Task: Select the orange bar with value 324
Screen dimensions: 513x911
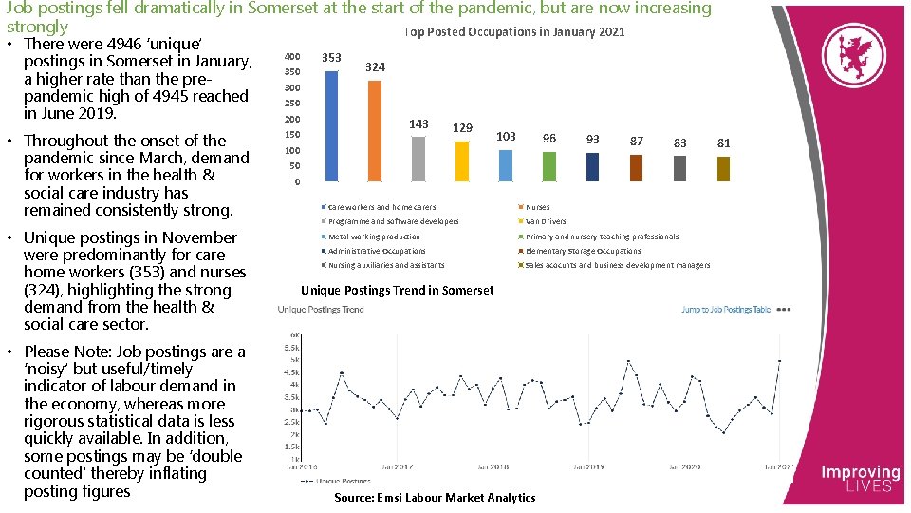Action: (x=375, y=130)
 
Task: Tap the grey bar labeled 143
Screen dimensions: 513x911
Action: (x=418, y=158)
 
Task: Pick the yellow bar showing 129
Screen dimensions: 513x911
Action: (x=462, y=161)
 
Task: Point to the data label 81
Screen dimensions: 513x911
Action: (x=724, y=142)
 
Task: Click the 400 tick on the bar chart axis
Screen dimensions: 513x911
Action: (x=293, y=57)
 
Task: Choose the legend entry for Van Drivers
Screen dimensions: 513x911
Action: (x=546, y=221)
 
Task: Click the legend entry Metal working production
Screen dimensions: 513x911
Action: (x=374, y=237)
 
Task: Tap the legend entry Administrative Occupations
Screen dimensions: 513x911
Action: (x=377, y=251)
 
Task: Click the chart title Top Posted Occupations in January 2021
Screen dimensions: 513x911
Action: (x=513, y=32)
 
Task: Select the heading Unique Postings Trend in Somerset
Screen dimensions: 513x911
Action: (x=397, y=290)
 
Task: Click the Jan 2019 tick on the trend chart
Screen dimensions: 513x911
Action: (x=588, y=466)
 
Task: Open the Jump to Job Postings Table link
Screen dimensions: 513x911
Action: (x=726, y=310)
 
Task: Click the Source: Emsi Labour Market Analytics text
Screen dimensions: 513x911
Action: (x=435, y=498)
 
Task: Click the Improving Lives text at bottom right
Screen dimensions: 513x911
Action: (x=860, y=478)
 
